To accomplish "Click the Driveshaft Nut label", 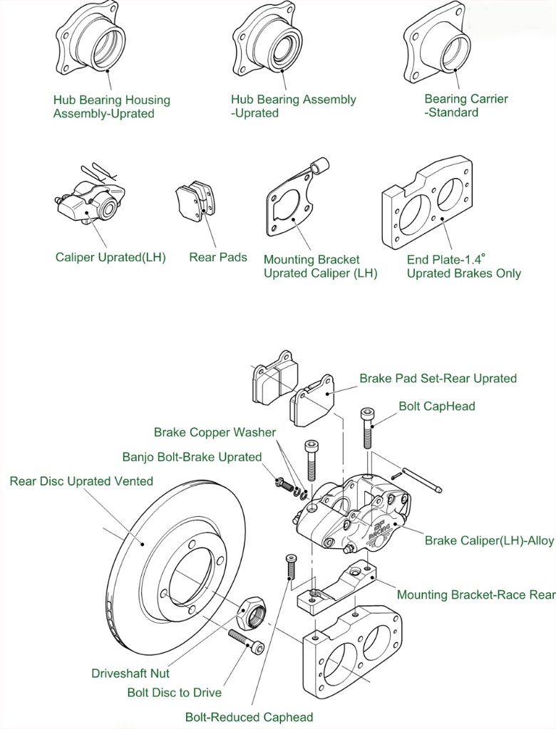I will click(130, 673).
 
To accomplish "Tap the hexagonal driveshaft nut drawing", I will click(251, 610).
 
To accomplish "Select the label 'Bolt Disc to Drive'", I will click(175, 692).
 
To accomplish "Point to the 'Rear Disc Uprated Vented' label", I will click(81, 481).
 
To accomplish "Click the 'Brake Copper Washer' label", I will click(215, 432).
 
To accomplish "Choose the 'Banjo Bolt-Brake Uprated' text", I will click(192, 456).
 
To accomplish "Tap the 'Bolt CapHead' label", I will click(437, 406).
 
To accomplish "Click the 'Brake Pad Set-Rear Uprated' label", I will click(438, 378).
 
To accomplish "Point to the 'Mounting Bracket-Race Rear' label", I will click(475, 594).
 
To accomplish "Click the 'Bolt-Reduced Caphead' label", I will click(249, 717).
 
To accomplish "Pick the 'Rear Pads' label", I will click(218, 257).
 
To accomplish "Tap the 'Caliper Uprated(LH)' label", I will click(110, 257).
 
